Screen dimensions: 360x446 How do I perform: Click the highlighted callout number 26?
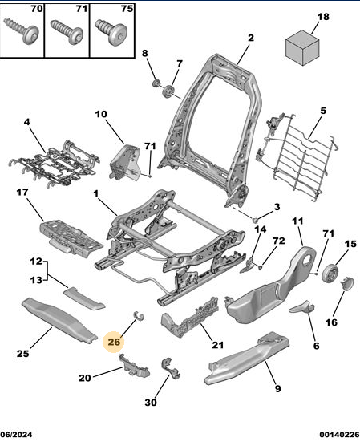point(114,342)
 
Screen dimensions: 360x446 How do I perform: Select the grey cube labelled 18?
point(302,48)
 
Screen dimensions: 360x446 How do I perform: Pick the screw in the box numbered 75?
point(111,31)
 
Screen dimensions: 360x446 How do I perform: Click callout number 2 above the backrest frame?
point(250,38)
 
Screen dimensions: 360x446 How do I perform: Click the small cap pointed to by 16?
point(347,284)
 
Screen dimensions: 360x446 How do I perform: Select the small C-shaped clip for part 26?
point(139,316)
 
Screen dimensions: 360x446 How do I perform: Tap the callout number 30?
point(151,403)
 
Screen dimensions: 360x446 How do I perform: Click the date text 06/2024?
point(16,434)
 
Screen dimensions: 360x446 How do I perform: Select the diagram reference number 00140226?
point(339,434)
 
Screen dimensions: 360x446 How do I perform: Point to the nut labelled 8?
point(156,83)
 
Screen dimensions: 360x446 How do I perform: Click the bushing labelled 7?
point(168,91)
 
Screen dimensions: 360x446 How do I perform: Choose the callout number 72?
point(279,241)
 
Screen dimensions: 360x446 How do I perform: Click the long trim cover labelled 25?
point(59,320)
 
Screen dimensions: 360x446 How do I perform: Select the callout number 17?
point(22,193)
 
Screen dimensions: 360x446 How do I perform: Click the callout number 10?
point(101,114)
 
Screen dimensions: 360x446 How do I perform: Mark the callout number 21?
point(218,345)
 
